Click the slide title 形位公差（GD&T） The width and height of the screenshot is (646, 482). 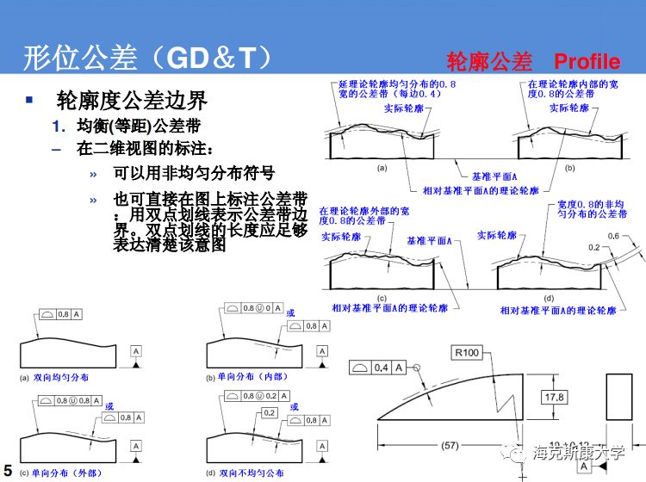pyautogui.click(x=149, y=59)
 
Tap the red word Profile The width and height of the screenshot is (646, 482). pyautogui.click(x=587, y=61)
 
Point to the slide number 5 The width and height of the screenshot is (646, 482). pyautogui.click(x=8, y=468)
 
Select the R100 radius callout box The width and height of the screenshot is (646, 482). pyautogui.click(x=469, y=352)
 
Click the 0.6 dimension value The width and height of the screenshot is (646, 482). pyautogui.click(x=613, y=236)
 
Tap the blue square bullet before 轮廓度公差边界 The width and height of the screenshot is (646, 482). pyautogui.click(x=30, y=100)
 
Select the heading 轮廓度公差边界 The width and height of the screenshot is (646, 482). pyautogui.click(x=132, y=101)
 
